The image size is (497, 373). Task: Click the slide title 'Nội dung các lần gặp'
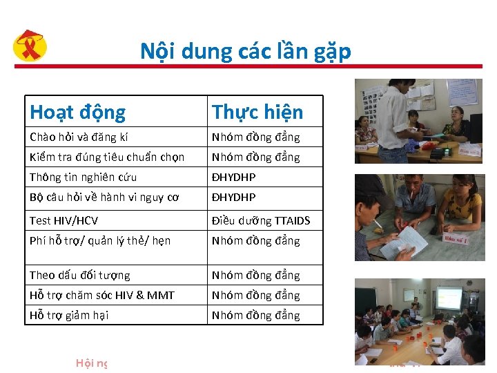[245, 51]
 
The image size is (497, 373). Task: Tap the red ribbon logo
[30, 47]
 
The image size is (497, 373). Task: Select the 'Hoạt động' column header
[77, 112]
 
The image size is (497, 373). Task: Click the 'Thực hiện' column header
[257, 112]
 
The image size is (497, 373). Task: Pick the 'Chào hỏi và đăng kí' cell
[79, 137]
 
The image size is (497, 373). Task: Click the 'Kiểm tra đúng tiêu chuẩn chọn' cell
[107, 157]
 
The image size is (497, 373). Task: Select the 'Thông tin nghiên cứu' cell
[83, 177]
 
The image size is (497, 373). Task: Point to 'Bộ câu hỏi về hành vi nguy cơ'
[104, 197]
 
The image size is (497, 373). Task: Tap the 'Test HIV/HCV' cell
[64, 220]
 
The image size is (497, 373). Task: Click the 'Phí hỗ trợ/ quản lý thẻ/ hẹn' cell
[100, 240]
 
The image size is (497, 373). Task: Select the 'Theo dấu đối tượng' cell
[79, 275]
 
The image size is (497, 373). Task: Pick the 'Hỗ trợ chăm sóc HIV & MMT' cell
[102, 295]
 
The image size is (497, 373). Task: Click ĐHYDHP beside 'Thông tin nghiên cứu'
[234, 177]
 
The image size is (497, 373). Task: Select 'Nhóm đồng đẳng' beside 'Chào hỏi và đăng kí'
[256, 137]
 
